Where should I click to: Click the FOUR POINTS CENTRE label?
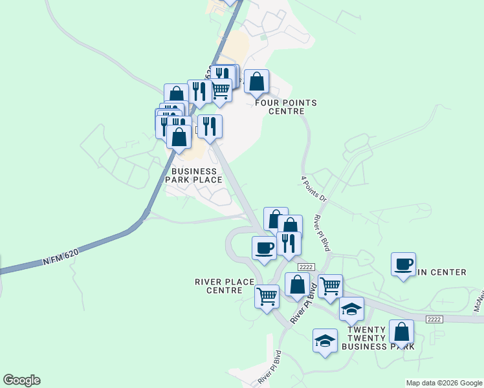[286, 107]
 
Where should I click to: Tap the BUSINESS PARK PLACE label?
[193, 175]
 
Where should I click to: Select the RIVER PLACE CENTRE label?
[223, 286]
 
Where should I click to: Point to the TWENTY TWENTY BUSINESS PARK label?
[373, 338]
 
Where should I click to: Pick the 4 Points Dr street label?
[314, 189]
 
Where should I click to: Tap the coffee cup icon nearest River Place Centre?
[264, 248]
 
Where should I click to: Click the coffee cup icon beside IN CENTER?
[403, 264]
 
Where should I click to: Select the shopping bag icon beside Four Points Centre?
[257, 82]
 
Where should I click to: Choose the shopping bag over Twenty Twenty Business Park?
[401, 332]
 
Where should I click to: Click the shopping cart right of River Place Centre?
[330, 286]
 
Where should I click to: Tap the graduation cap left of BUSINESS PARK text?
[325, 341]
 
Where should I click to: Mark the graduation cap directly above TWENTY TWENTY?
[351, 309]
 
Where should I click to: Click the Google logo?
[21, 380]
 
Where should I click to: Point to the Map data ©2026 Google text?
[444, 383]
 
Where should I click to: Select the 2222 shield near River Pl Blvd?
[306, 267]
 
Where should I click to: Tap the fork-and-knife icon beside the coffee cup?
[289, 244]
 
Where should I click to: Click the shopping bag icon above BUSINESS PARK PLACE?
[179, 137]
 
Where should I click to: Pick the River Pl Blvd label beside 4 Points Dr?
[322, 233]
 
